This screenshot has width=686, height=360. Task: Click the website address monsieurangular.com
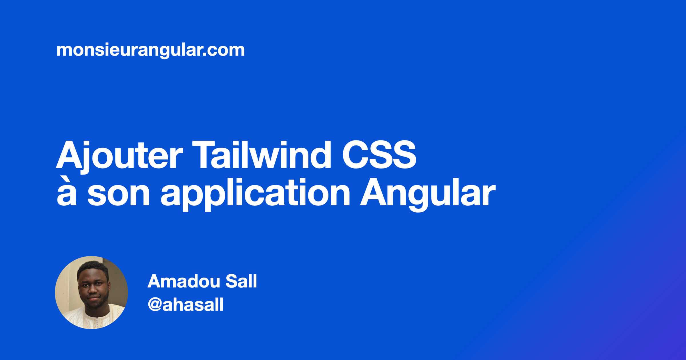coord(151,51)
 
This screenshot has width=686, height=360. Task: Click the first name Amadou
coord(184,281)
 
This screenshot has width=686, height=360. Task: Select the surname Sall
coord(242,281)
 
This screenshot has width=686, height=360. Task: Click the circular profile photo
coord(91,293)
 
